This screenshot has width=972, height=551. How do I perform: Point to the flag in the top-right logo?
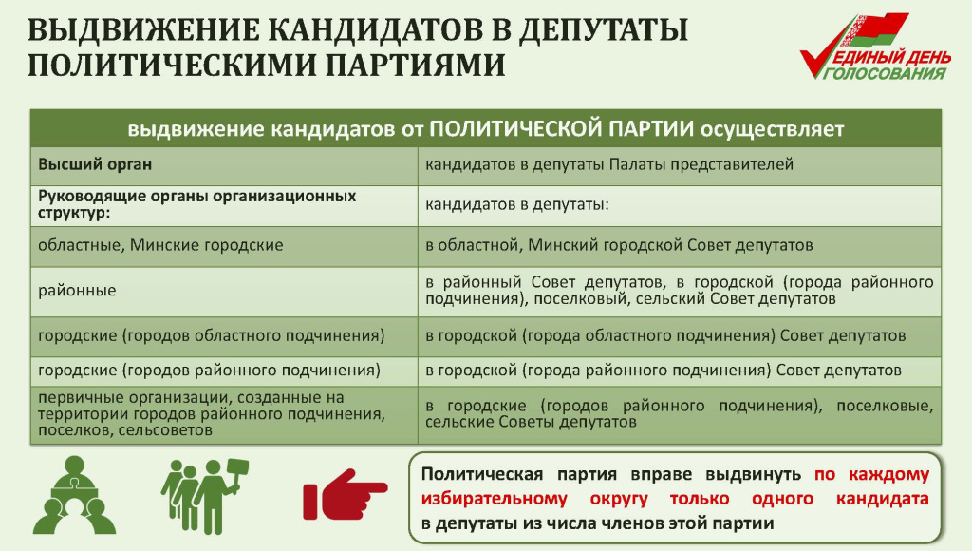point(873,31)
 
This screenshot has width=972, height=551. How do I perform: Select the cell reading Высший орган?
point(224,165)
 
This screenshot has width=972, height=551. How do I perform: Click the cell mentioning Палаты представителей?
point(680,165)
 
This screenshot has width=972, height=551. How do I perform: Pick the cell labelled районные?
point(224,291)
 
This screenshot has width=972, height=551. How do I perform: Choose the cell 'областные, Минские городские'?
point(224,246)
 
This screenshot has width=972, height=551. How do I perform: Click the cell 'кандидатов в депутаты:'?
point(680,205)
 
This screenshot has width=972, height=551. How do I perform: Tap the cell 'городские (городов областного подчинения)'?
point(224,336)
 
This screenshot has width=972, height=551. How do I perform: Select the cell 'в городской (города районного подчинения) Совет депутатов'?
point(680,371)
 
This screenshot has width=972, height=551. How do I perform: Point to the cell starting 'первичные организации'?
point(224,414)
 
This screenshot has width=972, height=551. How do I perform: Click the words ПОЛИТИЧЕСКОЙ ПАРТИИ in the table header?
point(561,128)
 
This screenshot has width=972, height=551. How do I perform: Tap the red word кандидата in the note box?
point(882,499)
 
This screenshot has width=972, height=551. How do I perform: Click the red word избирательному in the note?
point(494,499)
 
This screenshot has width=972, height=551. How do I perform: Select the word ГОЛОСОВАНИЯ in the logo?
point(887,73)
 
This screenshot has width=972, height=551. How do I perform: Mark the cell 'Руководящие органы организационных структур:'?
point(224,205)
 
